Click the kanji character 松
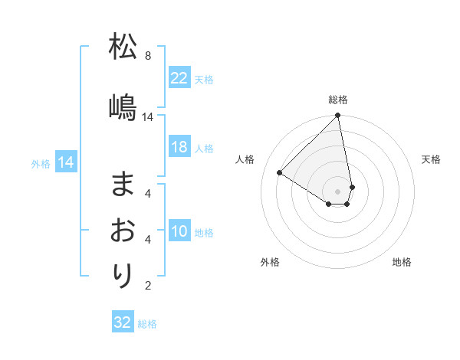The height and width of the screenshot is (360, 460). (123, 47)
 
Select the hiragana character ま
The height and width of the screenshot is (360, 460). (123, 183)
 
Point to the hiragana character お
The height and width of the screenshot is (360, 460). (123, 230)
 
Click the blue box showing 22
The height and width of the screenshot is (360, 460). (179, 78)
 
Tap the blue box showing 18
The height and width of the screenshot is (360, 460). (179, 148)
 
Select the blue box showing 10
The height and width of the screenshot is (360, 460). (179, 232)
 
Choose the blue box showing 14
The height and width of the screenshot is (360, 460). (65, 162)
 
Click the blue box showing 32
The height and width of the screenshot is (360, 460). (123, 322)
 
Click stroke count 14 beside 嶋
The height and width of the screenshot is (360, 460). (148, 117)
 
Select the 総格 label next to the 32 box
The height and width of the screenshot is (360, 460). (147, 324)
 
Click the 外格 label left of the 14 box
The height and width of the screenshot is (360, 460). (40, 163)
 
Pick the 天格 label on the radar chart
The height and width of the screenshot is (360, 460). (431, 159)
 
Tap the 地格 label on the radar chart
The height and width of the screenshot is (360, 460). (402, 262)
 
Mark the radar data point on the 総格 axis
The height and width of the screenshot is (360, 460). (337, 116)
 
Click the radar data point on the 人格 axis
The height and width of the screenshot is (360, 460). (280, 172)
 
